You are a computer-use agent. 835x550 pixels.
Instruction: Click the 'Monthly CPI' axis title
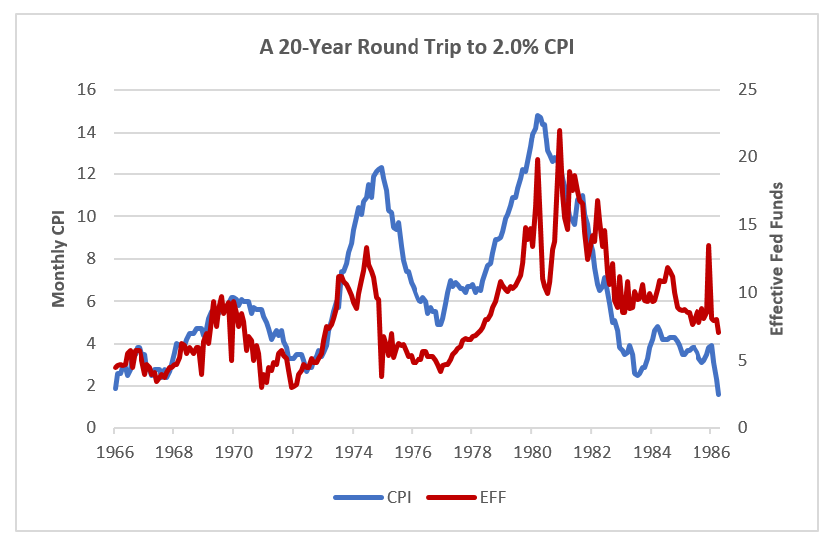[59, 258]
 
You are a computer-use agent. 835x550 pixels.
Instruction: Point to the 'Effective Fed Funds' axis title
[779, 258]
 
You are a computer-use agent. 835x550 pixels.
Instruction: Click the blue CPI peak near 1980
[538, 116]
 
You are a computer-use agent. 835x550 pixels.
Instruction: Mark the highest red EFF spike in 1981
[560, 131]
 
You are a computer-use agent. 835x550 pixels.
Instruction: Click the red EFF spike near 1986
[709, 246]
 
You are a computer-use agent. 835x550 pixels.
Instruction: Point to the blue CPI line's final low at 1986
[718, 395]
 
